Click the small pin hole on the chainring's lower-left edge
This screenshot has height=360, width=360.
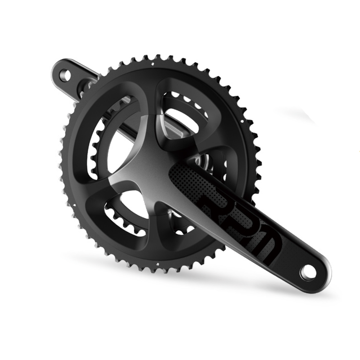73,205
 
